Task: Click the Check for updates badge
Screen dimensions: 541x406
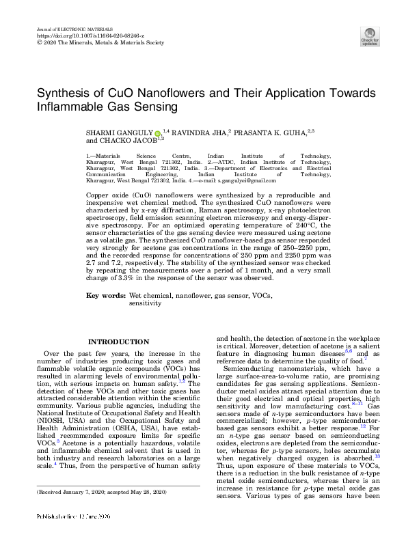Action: pos(370,36)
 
